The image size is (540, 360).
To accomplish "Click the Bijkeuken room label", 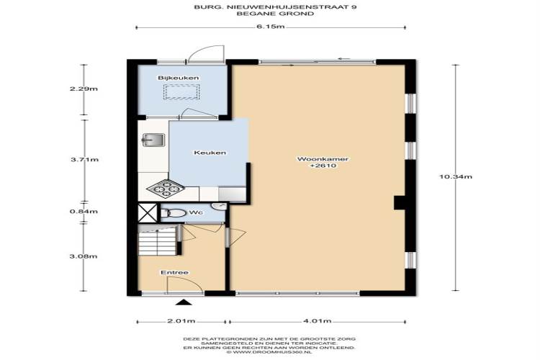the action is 179,78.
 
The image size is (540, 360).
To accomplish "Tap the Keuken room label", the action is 210,152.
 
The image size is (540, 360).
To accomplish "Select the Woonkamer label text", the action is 323,159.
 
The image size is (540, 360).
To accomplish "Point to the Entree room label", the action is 175,272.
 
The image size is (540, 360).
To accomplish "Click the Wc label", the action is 196,212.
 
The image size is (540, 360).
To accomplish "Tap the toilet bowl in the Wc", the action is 174,213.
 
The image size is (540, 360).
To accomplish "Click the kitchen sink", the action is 153,140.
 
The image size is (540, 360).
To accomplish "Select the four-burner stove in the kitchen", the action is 166,189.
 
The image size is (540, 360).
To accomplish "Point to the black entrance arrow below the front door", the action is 184,302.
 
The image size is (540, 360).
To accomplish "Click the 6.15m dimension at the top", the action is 270,27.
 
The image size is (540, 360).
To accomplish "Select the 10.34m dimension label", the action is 455,176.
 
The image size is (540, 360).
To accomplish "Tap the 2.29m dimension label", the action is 84,89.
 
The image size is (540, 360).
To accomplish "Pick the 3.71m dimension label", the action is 84,160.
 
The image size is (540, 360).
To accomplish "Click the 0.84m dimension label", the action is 84,212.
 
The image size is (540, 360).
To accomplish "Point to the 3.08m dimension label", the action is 84,256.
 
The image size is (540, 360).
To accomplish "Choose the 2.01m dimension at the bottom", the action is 181,321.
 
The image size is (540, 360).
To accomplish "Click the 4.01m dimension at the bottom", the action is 318,321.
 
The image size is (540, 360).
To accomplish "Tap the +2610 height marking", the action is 323,166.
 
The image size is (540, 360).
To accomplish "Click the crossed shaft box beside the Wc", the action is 148,212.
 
